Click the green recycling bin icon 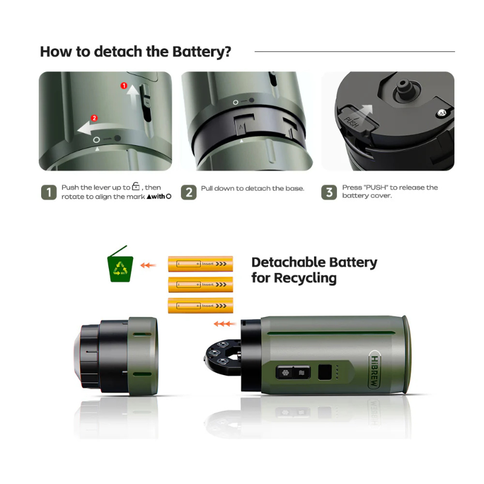[x=120, y=267]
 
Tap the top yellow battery [x=200, y=264]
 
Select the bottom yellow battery [x=200, y=306]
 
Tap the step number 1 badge [x=48, y=192]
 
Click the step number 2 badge [x=189, y=192]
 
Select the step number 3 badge [x=329, y=192]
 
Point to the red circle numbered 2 [x=94, y=117]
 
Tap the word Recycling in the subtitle [x=306, y=278]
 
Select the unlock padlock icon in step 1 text [x=136, y=188]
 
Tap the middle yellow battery [x=200, y=284]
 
